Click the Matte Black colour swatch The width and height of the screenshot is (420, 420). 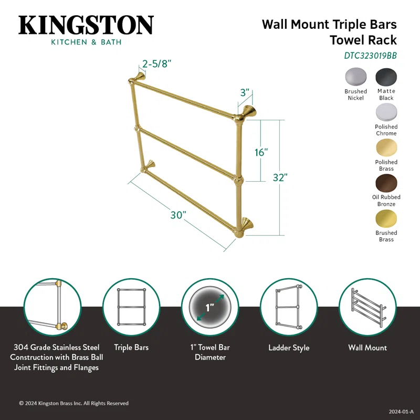click(386, 77)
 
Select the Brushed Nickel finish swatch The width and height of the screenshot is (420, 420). click(355, 77)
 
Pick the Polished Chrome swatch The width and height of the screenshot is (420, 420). click(386, 112)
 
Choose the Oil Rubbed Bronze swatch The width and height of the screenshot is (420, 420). click(386, 183)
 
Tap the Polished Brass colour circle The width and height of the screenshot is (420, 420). click(386, 148)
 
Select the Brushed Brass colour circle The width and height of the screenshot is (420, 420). click(386, 219)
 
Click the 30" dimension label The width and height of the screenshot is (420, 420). click(178, 216)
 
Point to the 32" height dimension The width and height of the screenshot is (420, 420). click(280, 177)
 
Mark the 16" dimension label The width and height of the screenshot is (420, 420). click(261, 152)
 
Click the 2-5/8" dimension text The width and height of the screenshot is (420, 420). click(156, 64)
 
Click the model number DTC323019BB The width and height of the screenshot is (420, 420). click(371, 54)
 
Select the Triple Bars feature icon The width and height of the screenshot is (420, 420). click(131, 307)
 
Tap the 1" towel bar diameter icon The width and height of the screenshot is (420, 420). click(210, 307)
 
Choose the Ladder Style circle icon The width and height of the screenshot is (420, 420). click(289, 307)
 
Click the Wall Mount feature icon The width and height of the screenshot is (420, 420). click(367, 307)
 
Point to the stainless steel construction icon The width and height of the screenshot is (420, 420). click(52, 307)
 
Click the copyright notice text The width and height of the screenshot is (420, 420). click(73, 403)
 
